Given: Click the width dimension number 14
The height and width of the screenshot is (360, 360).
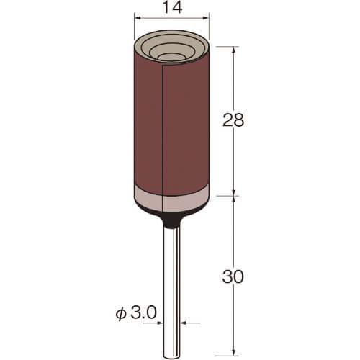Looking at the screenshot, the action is point(172,7).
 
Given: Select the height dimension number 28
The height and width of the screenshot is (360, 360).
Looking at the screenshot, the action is point(233,120).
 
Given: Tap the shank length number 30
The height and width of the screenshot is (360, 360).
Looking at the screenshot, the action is point(233,276).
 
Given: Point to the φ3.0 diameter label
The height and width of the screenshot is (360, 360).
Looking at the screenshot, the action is point(136,312).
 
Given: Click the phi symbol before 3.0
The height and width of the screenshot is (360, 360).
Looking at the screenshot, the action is point(121,314).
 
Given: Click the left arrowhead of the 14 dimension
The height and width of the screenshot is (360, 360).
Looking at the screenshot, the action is point(138,18).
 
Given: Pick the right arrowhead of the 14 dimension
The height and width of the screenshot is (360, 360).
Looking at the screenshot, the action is point(206,18).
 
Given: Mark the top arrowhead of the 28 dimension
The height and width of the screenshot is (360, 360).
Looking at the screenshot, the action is point(234,49).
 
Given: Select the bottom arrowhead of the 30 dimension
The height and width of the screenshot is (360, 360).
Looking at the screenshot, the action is point(234,352).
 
